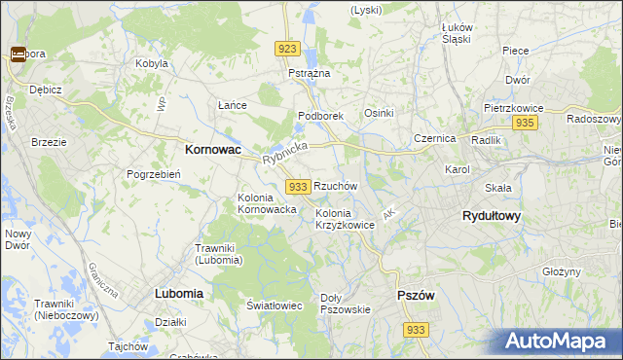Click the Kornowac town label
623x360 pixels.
pyautogui.click(x=213, y=151)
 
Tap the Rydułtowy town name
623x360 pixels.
pyautogui.click(x=491, y=216)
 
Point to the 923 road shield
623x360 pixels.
pyautogui.click(x=287, y=49)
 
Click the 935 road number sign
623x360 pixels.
pyautogui.click(x=525, y=123)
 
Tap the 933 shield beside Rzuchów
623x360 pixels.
pyautogui.click(x=299, y=186)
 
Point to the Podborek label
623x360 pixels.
pyautogui.click(x=320, y=116)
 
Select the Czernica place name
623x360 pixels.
pyautogui.click(x=434, y=138)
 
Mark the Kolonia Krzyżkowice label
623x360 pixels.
pyautogui.click(x=345, y=219)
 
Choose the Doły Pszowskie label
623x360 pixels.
pyautogui.click(x=345, y=304)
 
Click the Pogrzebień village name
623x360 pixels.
pyautogui.click(x=150, y=174)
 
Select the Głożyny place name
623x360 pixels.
pyautogui.click(x=561, y=271)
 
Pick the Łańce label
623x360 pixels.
pyautogui.click(x=231, y=105)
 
